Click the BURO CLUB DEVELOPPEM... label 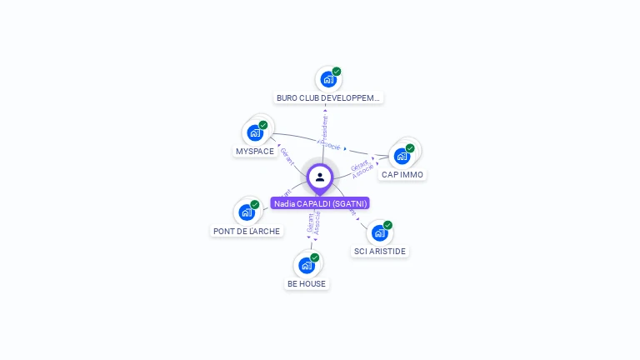coord(328,97)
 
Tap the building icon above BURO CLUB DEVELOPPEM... coord(327,80)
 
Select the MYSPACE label coord(255,152)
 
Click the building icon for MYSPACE coord(254,133)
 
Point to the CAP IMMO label coord(402,175)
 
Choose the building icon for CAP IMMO coord(402,157)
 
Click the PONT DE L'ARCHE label coord(247,231)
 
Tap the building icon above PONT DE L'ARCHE coord(246,212)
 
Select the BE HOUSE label coord(307,283)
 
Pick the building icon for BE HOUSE coord(306,266)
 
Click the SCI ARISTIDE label coord(381,251)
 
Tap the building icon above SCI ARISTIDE coord(379,232)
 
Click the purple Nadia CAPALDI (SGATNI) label coord(320,203)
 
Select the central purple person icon coord(320,177)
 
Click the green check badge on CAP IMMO coord(410,148)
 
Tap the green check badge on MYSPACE coord(263,125)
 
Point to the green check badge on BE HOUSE coord(315,257)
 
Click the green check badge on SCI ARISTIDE coord(388,225)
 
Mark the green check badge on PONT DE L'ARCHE coord(255,205)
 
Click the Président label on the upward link coord(325,127)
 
